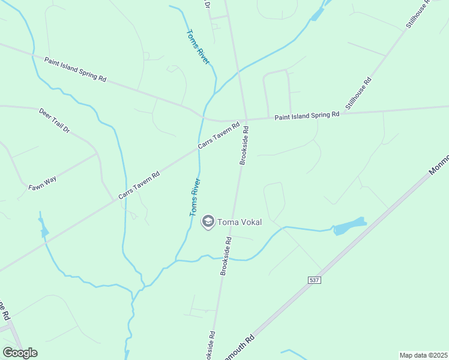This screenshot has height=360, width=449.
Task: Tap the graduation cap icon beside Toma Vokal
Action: pos(208,222)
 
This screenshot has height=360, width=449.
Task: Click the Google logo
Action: pos(20,353)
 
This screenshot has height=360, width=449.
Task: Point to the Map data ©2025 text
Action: pos(423,355)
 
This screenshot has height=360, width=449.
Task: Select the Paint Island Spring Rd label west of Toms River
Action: pos(75,70)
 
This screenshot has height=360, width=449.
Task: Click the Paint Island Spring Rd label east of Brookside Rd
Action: pos(307,115)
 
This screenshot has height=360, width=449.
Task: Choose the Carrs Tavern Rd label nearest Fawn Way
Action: pos(139,186)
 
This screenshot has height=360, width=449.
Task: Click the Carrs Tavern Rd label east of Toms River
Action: pos(219,137)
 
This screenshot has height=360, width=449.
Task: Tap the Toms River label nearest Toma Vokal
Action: pos(195,197)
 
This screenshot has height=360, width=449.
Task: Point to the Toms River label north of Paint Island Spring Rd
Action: pos(197,47)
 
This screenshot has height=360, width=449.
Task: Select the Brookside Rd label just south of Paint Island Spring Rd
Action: pos(244,145)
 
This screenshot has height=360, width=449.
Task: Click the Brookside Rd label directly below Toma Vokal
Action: pos(226,256)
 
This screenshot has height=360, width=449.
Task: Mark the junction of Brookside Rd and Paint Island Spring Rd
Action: pos(246,119)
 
